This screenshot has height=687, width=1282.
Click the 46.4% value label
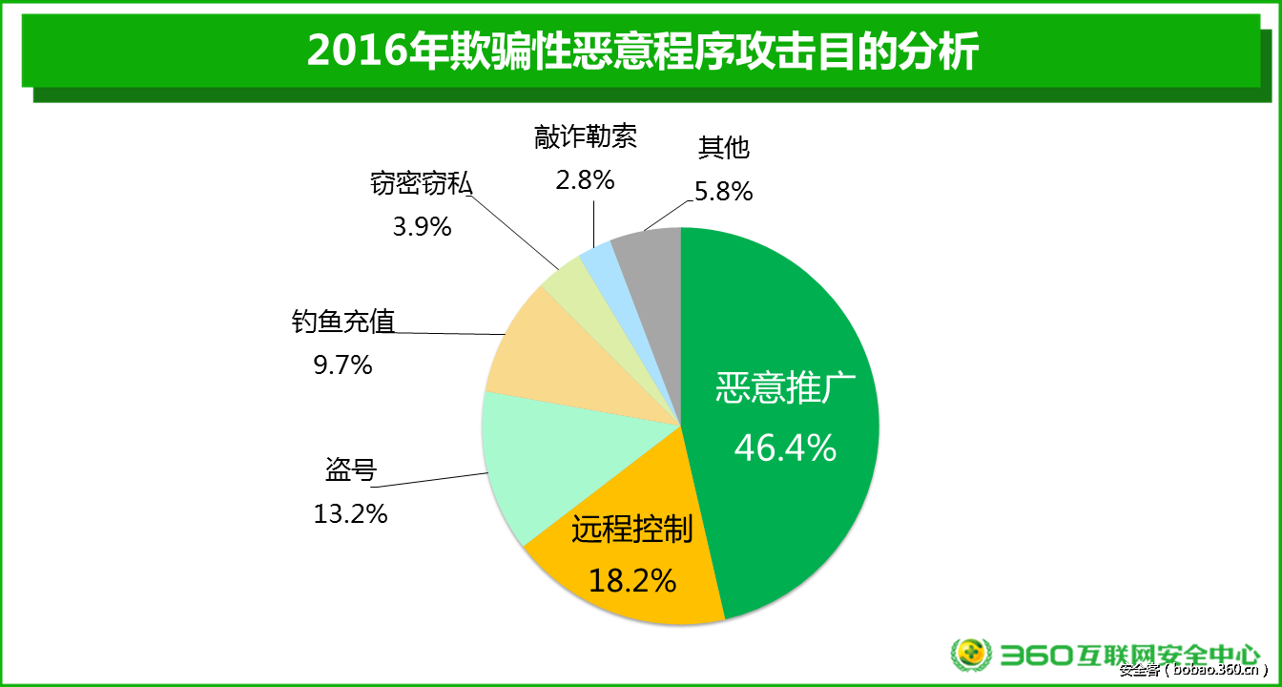coord(785,447)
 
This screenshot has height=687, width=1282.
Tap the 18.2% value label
coord(632,579)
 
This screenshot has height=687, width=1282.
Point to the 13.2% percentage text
coord(350,513)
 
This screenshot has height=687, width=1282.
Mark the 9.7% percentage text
coord(342,364)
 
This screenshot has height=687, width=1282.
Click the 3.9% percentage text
coord(422,227)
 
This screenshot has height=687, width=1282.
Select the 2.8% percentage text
coord(585,178)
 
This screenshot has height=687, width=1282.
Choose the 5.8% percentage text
coord(724,192)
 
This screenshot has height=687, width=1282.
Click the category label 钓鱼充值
coord(342,322)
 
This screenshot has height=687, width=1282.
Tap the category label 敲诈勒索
coord(585,136)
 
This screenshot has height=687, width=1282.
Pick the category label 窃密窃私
coord(421,184)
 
